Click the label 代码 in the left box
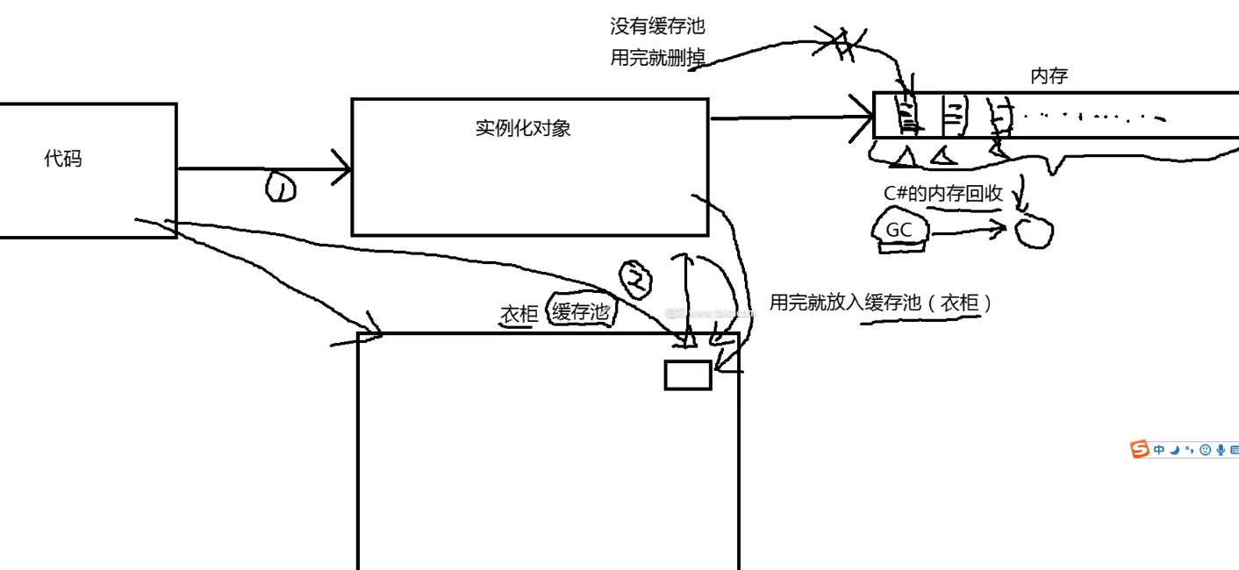(x=63, y=159)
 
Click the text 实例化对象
(x=523, y=128)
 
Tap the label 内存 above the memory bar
(x=1049, y=76)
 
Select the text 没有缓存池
(x=657, y=26)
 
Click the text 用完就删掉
(x=657, y=59)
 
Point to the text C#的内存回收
(x=942, y=194)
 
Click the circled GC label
(x=898, y=230)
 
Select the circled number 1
(x=281, y=186)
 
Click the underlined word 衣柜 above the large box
(x=518, y=313)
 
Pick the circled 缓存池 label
(x=580, y=310)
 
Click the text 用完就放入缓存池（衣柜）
(x=881, y=303)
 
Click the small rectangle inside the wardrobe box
(x=687, y=374)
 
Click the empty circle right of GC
(x=1034, y=232)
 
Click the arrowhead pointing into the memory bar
(x=860, y=118)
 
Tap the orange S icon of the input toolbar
(x=1140, y=450)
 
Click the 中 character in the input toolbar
(x=1159, y=450)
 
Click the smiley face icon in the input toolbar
(x=1205, y=450)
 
